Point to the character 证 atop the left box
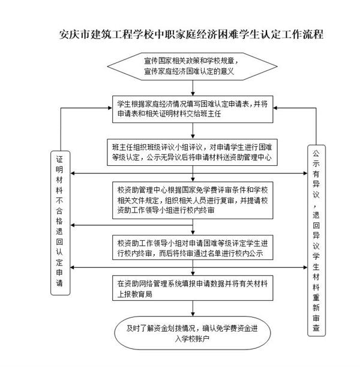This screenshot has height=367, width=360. point(59,160)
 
